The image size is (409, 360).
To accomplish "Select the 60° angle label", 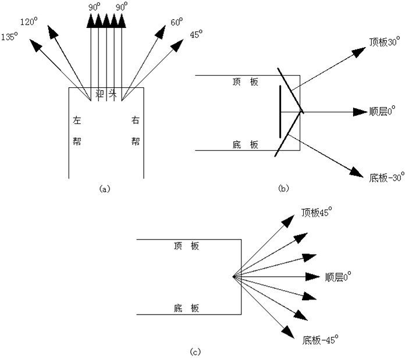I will [176, 23].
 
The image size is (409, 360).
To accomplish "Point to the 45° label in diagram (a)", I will [196, 35].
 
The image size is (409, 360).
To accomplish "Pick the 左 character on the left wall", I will [77, 122].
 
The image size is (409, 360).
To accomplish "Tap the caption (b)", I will [284, 188].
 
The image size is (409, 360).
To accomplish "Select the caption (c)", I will [196, 351].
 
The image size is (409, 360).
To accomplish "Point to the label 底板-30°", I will [386, 176].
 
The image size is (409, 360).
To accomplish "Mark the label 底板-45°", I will [320, 338].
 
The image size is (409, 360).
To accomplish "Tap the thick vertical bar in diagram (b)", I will [280, 112].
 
